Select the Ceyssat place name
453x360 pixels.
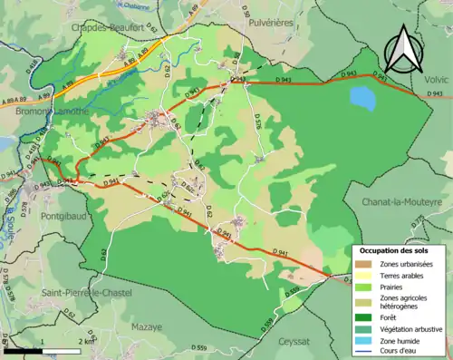(294, 342)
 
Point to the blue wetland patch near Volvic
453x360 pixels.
(362, 96)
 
